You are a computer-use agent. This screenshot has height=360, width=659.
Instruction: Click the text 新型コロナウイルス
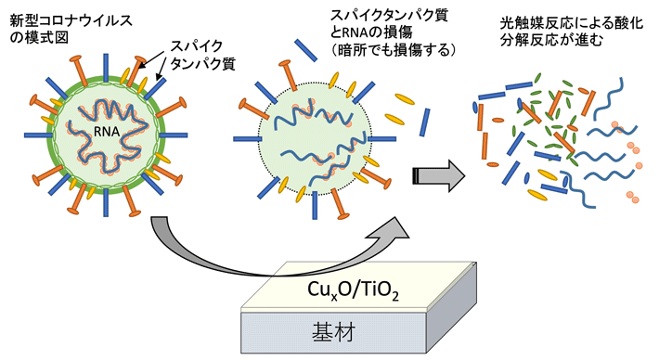[63, 18]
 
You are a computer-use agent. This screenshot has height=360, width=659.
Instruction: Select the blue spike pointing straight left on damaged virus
[243, 140]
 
